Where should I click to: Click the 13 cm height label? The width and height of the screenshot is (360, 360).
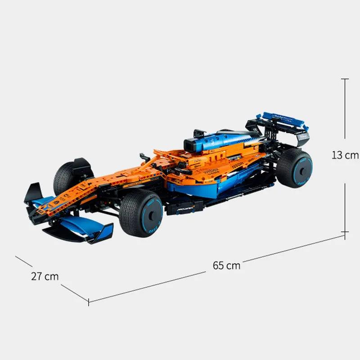[345, 155]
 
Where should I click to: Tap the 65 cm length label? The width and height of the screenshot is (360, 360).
[227, 265]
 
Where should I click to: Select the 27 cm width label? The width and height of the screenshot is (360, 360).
[45, 276]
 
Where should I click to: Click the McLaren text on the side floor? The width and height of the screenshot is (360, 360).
[186, 210]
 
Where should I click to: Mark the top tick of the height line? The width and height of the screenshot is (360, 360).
[345, 79]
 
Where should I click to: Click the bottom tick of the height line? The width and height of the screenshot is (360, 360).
[345, 233]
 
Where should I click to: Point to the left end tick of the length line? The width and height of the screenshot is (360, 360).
[89, 301]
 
